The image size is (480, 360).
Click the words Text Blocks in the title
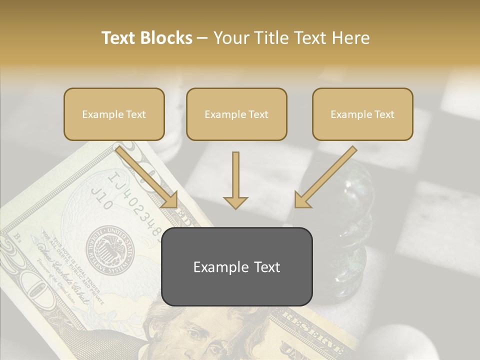point(146,38)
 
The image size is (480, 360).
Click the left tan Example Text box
point(114,114)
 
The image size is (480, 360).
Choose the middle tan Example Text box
point(236,114)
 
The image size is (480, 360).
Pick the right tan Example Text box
point(362,114)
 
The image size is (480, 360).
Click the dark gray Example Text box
point(236,266)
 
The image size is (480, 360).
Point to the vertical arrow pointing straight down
point(235,180)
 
